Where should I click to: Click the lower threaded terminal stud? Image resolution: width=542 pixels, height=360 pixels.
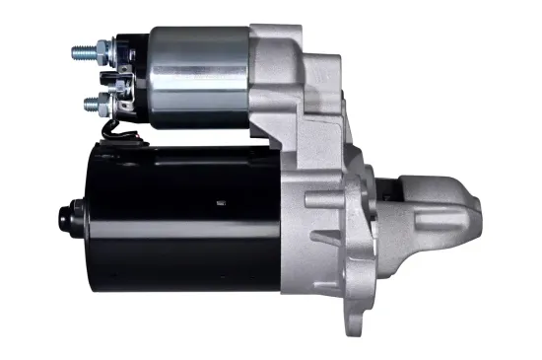[x=90, y=102]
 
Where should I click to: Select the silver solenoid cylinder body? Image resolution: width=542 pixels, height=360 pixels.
[x=197, y=74]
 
